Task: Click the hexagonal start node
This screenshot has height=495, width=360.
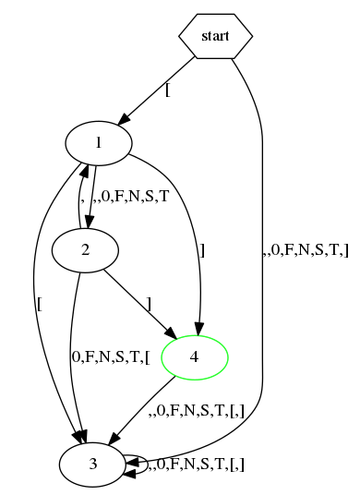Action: [214, 37]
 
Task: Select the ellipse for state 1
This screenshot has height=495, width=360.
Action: [98, 142]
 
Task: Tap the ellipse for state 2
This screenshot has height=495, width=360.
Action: [85, 248]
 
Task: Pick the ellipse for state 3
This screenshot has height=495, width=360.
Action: [92, 465]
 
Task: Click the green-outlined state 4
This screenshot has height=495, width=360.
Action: [194, 356]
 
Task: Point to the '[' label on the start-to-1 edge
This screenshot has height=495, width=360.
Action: [168, 90]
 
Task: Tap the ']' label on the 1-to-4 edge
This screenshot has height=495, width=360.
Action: [202, 249]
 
